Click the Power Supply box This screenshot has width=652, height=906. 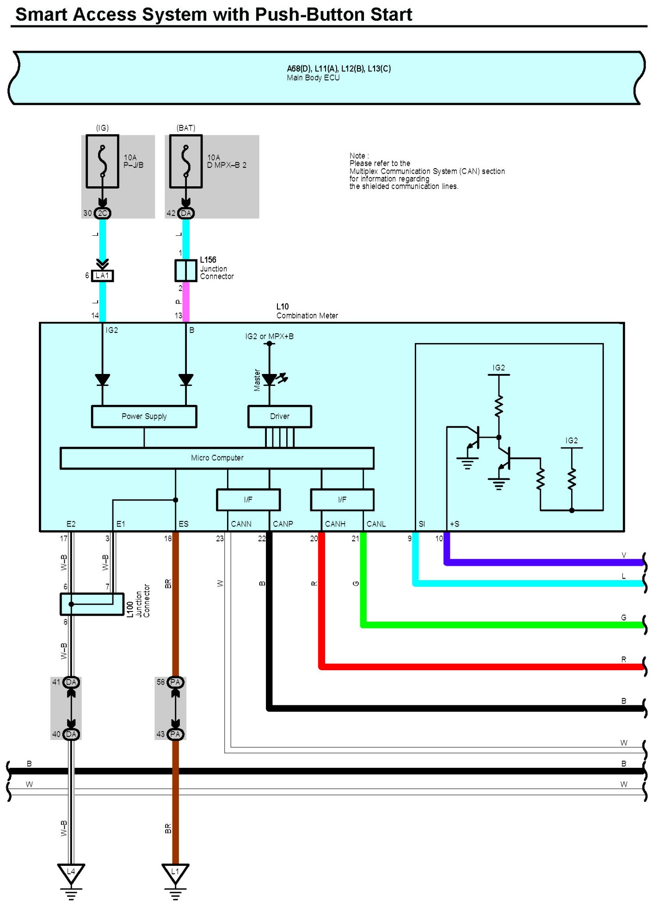[x=144, y=416]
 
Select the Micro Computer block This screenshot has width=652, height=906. [x=217, y=458]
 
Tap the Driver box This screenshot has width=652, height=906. [x=280, y=416]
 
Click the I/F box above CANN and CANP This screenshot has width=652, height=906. [x=248, y=500]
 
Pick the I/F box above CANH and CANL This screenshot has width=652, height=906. [x=342, y=500]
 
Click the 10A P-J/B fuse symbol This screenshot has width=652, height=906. [x=102, y=161]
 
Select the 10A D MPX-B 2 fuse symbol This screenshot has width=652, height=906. [x=185, y=161]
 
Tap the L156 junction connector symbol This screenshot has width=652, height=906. [x=185, y=270]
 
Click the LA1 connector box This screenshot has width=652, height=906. [x=102, y=276]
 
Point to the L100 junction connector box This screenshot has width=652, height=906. [x=92, y=604]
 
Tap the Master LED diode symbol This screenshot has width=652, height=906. [x=270, y=380]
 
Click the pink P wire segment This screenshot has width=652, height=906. [x=186, y=302]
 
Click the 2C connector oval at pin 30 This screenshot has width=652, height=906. [x=103, y=213]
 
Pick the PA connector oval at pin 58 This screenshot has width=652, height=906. [x=175, y=682]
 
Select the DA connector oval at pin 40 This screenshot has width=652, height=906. [x=71, y=734]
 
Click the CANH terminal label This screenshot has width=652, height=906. [x=335, y=524]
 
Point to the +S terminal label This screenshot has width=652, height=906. [x=455, y=524]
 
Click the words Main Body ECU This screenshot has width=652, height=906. [x=313, y=78]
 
